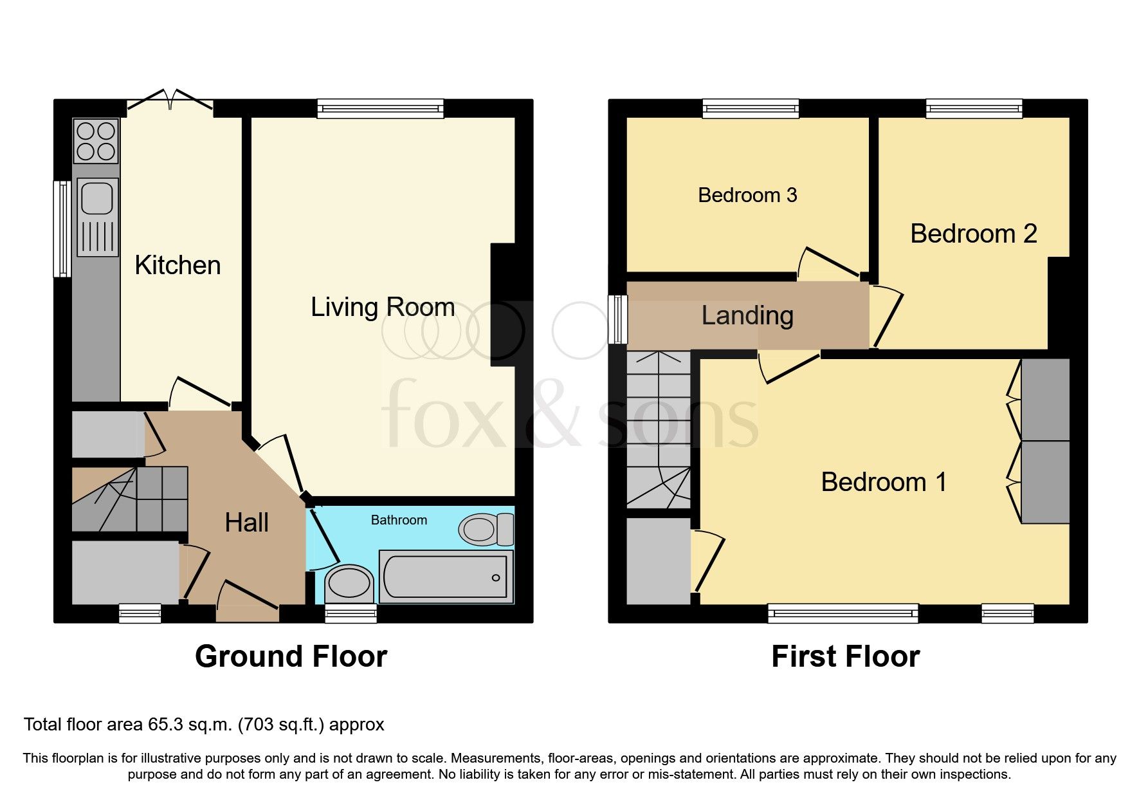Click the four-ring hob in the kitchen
96,142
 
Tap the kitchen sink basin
97,196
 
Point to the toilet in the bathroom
485,530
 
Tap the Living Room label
383,307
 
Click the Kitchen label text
178,265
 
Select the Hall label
246,523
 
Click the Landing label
747,315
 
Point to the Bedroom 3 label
747,195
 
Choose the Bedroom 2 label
973,234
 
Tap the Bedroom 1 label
884,482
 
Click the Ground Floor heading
291,656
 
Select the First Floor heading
845,656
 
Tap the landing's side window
618,319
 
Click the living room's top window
381,108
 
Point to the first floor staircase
658,428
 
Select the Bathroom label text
399,520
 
